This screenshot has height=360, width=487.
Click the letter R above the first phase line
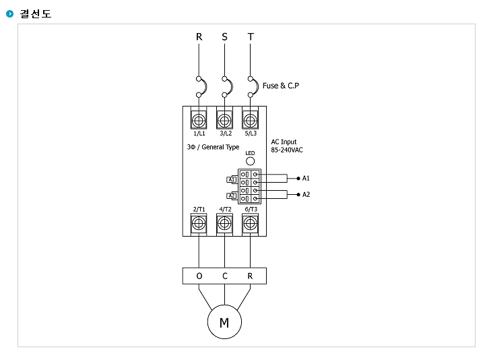tap(199, 36)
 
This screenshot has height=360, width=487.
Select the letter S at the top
tap(225, 36)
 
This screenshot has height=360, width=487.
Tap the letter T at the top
tap(251, 36)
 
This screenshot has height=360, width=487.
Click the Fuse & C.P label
tap(280, 86)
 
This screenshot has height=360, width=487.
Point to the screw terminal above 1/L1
tap(199, 120)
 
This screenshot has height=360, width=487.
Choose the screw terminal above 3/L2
tap(225, 120)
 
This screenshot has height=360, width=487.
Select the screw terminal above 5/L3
tap(251, 120)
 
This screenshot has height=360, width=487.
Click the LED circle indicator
tap(250, 162)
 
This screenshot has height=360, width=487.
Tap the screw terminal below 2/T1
tap(199, 224)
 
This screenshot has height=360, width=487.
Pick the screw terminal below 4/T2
tap(225, 224)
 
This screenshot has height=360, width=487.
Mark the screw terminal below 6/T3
tap(251, 224)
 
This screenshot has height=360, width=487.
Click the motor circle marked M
tap(224, 323)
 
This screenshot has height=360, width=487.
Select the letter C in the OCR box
tap(225, 276)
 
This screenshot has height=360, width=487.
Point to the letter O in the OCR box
tap(199, 276)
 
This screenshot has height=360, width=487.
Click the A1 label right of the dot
tap(306, 178)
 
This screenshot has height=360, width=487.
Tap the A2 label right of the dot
tap(306, 194)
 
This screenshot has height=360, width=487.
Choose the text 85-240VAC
tap(286, 150)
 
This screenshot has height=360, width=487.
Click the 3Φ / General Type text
tap(213, 146)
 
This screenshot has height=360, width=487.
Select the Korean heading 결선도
tap(36, 13)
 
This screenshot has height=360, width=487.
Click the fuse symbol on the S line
tap(227, 86)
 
